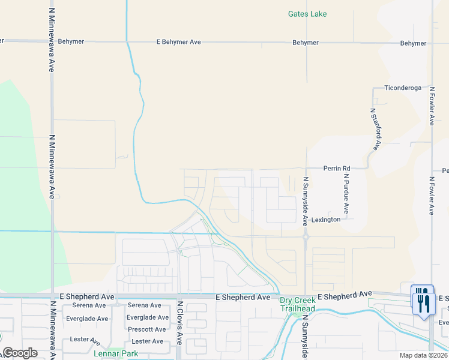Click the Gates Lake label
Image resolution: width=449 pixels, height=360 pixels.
point(307,14)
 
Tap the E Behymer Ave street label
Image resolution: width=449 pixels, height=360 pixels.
point(178,43)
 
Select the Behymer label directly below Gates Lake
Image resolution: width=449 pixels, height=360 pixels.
point(305,43)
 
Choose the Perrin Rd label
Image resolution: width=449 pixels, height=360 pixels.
point(336,169)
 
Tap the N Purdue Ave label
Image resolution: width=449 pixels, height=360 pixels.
point(346,194)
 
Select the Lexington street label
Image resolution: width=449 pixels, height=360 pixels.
point(326,220)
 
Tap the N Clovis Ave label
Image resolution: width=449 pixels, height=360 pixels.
point(179,322)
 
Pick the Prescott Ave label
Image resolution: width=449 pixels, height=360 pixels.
point(146,329)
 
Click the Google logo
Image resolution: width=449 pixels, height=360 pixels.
point(20,353)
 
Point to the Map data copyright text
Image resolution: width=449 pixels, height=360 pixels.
point(423,355)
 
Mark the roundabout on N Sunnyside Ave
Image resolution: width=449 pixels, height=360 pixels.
point(306,237)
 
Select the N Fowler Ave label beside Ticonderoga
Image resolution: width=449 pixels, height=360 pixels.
point(431,106)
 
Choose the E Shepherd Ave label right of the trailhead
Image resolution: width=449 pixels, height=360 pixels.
point(345,295)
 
